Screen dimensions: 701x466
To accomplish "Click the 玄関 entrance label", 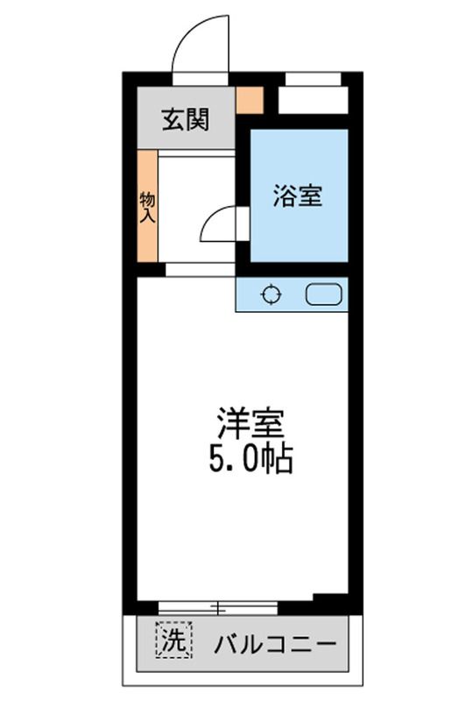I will (185, 119).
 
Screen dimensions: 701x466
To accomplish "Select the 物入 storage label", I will (147, 207).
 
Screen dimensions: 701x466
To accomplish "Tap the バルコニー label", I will (275, 645).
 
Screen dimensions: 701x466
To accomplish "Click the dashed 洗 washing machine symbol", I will (173, 640).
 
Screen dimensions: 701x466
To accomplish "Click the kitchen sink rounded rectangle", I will (323, 294).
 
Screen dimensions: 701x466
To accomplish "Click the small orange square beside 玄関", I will (249, 100).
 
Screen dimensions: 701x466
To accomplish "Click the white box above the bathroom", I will (313, 100).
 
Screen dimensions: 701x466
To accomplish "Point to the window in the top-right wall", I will (313, 79).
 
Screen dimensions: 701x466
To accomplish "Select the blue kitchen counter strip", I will (292, 294).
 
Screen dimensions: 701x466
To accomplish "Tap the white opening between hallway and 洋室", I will (201, 270).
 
